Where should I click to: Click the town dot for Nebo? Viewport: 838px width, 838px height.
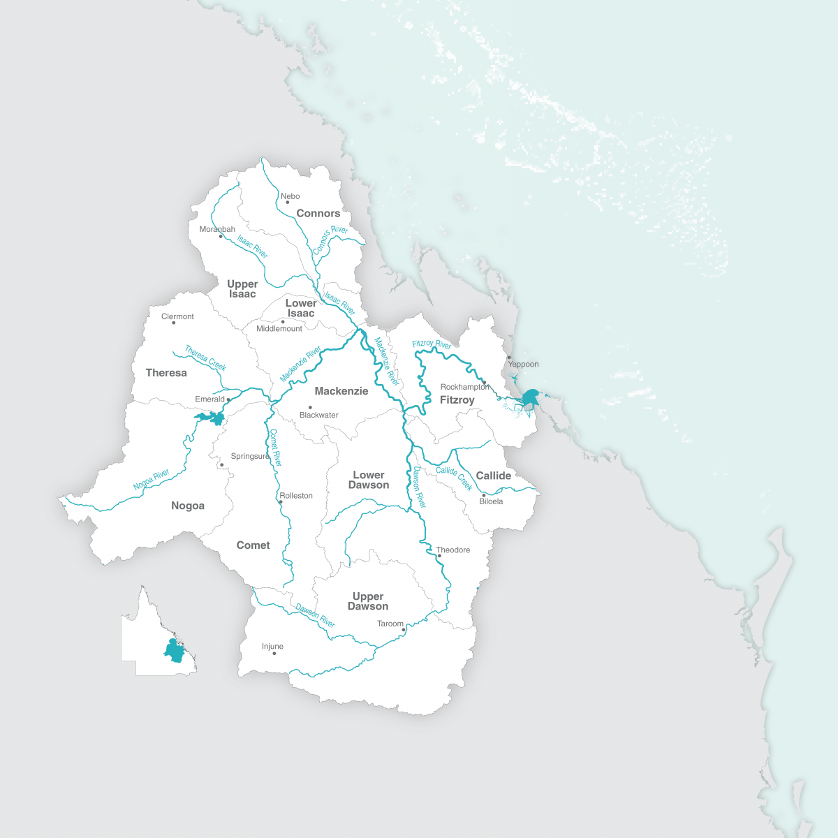click(287, 203)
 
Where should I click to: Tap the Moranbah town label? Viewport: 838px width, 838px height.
click(217, 229)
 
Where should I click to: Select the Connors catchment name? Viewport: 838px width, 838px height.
click(318, 214)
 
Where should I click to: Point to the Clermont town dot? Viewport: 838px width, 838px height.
click(174, 323)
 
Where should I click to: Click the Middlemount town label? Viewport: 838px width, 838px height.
click(279, 329)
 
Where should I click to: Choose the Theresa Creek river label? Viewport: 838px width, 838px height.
click(205, 358)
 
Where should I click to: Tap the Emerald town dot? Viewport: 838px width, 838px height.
click(228, 399)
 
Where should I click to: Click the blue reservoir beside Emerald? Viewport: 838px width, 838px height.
click(212, 418)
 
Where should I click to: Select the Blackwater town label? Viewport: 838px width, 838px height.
click(318, 415)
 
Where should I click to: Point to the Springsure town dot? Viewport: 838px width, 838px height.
click(221, 464)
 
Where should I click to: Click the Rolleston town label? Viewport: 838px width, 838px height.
click(296, 496)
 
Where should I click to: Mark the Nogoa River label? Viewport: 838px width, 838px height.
click(152, 480)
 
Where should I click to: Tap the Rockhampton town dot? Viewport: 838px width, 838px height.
click(484, 383)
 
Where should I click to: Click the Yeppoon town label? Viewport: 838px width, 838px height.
click(523, 365)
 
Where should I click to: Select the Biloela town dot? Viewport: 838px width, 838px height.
click(483, 495)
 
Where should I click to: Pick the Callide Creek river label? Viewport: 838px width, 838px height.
click(454, 477)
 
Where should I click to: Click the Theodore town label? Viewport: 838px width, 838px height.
click(453, 550)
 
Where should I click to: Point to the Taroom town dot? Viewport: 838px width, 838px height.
click(404, 630)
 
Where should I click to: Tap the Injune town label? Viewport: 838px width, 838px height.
click(272, 647)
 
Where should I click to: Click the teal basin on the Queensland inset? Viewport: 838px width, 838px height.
click(174, 651)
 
